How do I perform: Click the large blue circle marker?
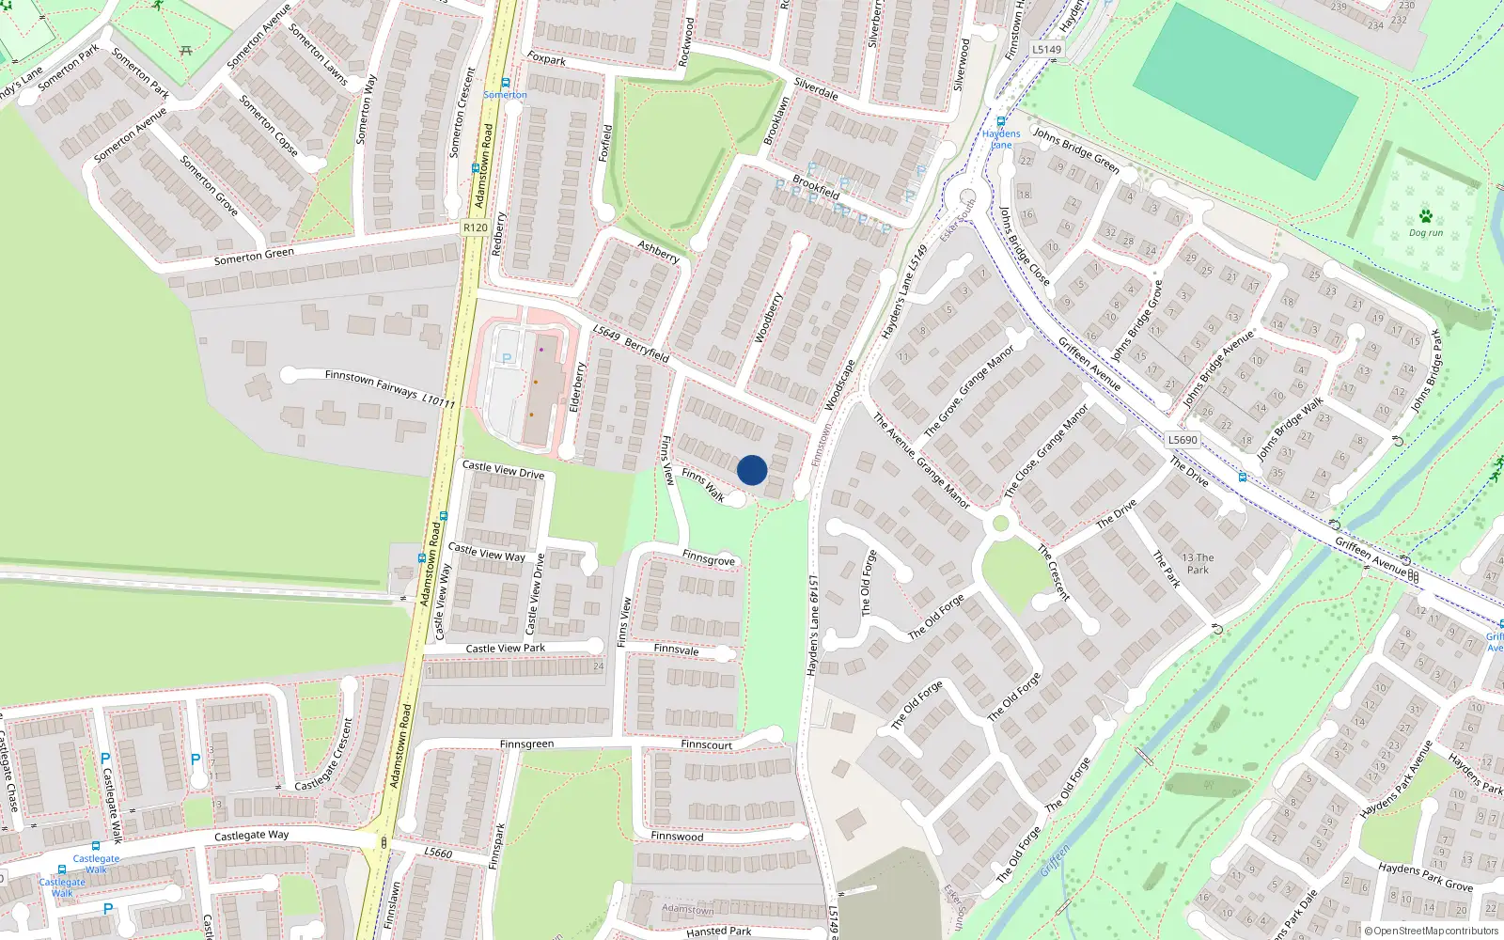(752, 470)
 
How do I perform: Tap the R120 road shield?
(476, 227)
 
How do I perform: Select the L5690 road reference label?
(1183, 440)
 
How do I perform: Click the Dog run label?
(1425, 233)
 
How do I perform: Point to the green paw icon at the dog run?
(1426, 216)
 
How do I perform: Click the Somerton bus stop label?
(505, 95)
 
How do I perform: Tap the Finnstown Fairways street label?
(372, 382)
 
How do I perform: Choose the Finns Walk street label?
(703, 485)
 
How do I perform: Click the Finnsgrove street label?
(709, 558)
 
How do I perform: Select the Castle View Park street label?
(506, 648)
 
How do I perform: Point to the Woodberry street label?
(769, 318)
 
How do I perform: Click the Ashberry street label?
(658, 252)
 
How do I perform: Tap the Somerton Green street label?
(254, 256)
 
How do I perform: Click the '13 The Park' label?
(1198, 563)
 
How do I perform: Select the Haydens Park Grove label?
(1425, 877)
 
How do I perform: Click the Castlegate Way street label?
(252, 835)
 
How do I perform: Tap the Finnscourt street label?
(707, 744)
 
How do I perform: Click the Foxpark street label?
(546, 59)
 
